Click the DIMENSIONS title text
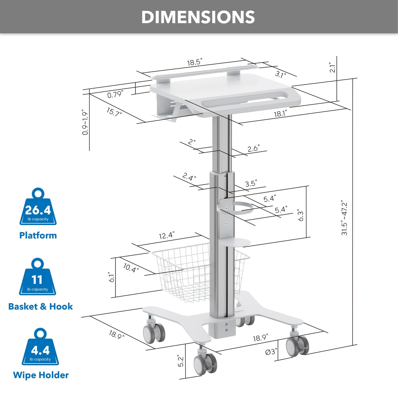[198, 17]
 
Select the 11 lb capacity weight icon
[37, 279]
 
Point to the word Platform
[38, 235]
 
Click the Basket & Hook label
[40, 306]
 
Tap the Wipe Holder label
[41, 375]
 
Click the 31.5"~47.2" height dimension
[344, 218]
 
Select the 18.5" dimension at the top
[194, 62]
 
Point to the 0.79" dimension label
[115, 94]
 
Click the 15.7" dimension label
[114, 112]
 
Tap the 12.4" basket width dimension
[166, 235]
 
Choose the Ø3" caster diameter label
[271, 352]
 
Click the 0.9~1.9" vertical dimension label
[85, 122]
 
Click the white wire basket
[186, 273]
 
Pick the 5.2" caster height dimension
[180, 361]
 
